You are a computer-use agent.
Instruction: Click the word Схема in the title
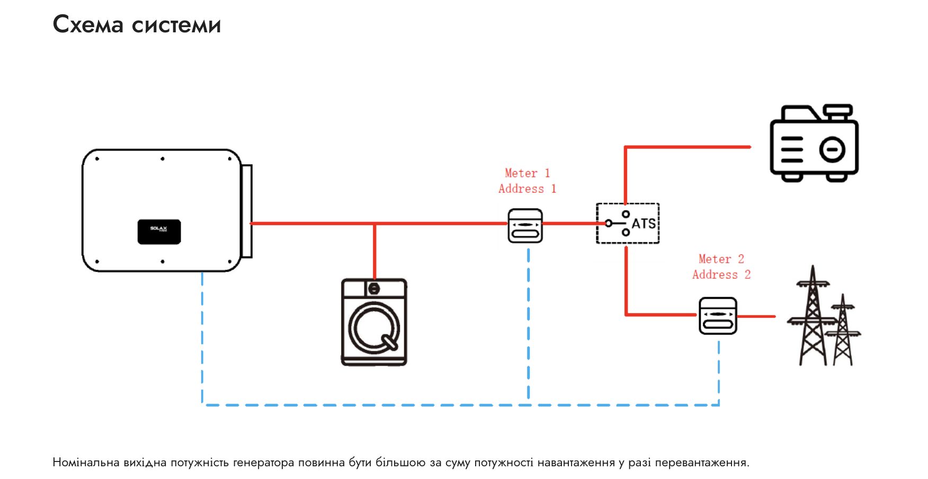(x=88, y=25)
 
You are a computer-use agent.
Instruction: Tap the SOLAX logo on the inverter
(x=159, y=232)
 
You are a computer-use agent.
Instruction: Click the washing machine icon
(x=374, y=322)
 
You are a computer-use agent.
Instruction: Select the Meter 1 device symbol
(x=525, y=226)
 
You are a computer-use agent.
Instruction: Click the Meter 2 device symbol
(x=718, y=316)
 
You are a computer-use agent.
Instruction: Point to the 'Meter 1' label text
(x=527, y=173)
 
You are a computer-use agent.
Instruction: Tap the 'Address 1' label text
(x=527, y=189)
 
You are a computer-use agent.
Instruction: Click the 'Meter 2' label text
(x=721, y=259)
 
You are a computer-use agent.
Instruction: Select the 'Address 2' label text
(x=721, y=274)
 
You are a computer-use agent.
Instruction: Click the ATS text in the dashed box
(x=644, y=224)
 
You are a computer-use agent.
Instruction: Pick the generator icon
(x=814, y=144)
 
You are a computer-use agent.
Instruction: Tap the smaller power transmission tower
(x=843, y=331)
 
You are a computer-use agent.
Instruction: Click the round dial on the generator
(x=832, y=149)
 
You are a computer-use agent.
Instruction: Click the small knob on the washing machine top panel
(x=374, y=289)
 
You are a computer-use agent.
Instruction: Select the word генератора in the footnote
(x=263, y=463)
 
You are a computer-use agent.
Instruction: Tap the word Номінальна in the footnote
(x=86, y=463)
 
